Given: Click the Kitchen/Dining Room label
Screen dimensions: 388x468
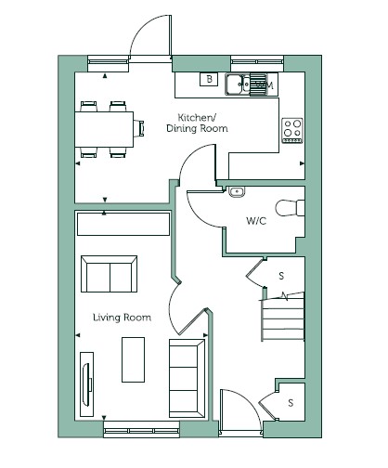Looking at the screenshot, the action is point(197,123).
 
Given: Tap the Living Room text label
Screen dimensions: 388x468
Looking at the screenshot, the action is point(123,318).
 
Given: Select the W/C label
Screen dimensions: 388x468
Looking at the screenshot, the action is point(256,221).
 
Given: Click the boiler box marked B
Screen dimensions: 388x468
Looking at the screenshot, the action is point(209,79).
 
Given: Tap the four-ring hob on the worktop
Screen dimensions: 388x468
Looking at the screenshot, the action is point(292,130).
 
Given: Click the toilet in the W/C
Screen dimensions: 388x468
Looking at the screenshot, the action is point(291,208).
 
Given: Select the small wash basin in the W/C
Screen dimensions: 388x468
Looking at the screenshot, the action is point(237,192).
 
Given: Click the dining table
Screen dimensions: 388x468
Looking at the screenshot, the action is point(104,129).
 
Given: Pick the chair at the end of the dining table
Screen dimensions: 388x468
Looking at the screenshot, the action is point(138,128).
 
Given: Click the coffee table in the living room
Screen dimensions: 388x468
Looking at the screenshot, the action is point(133,359).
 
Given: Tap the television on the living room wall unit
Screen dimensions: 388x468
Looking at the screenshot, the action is point(86,384).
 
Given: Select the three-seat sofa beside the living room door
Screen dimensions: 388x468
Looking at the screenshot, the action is point(187,378).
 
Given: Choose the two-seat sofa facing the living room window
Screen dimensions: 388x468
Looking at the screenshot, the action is point(109,274).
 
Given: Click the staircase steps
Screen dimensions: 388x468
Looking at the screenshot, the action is point(283,318).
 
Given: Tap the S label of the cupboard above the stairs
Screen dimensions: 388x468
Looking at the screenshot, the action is point(281,276).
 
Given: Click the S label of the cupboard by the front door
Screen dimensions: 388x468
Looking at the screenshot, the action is point(291,403).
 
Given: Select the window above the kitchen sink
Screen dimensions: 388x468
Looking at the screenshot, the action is point(257,62).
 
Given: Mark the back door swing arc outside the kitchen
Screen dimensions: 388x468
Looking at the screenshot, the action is point(145,28).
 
